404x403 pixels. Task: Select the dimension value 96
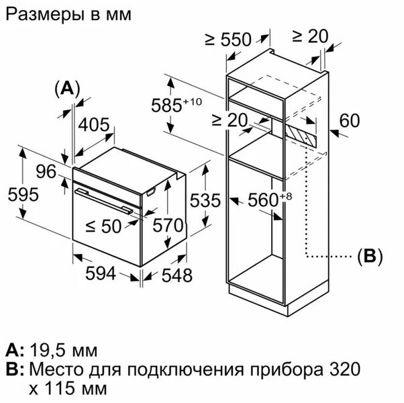tap(46, 171)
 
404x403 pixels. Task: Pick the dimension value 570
tap(166, 226)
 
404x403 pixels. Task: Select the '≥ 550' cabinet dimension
tap(227, 40)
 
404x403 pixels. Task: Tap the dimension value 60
tap(350, 121)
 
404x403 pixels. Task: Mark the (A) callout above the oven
tap(66, 88)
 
